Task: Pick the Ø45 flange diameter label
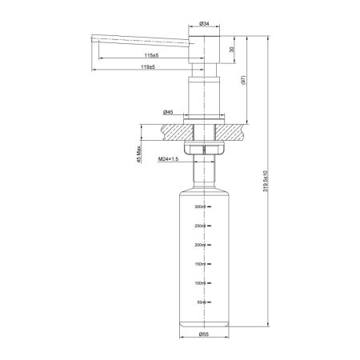pos(169,111)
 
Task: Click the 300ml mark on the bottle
pos(201,207)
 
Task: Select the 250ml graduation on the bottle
pos(201,226)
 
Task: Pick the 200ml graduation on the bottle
pos(201,246)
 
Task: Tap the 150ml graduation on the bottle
pos(201,264)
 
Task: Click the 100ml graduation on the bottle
pos(201,283)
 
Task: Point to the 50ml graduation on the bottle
pos(202,302)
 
